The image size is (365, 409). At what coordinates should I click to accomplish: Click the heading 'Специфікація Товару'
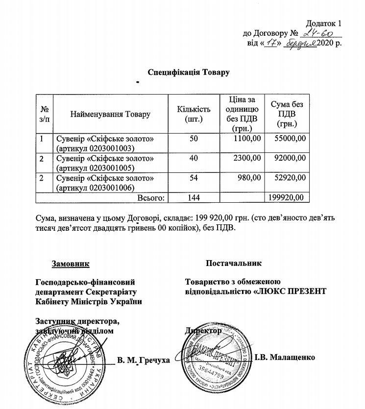point(189,72)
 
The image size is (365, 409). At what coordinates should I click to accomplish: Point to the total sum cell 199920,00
point(288,197)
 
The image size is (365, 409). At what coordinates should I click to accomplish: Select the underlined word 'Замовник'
point(71,264)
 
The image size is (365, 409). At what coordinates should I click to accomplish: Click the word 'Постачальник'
point(234,264)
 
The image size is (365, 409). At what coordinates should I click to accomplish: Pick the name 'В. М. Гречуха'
point(144,361)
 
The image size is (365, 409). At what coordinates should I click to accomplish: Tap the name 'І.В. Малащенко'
point(285,357)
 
